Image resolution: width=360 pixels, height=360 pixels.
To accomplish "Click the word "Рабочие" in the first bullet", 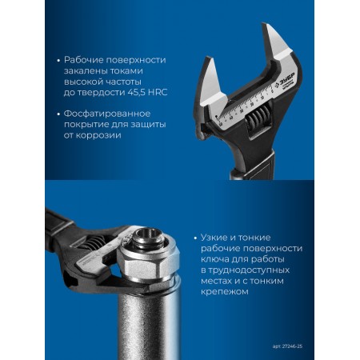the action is click(84, 60).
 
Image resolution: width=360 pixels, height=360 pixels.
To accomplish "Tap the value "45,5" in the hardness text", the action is click(130, 93).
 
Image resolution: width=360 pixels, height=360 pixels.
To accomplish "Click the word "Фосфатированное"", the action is click(107, 114).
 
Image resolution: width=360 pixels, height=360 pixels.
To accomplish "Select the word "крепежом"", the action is click(225, 292).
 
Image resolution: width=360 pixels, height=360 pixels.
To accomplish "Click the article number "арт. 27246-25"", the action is click(287, 346).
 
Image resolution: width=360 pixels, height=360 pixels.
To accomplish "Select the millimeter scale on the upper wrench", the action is click(245, 106).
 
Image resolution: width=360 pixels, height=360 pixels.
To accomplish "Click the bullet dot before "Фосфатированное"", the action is click(59, 114).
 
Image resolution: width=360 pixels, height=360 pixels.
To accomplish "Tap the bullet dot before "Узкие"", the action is click(195, 238).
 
